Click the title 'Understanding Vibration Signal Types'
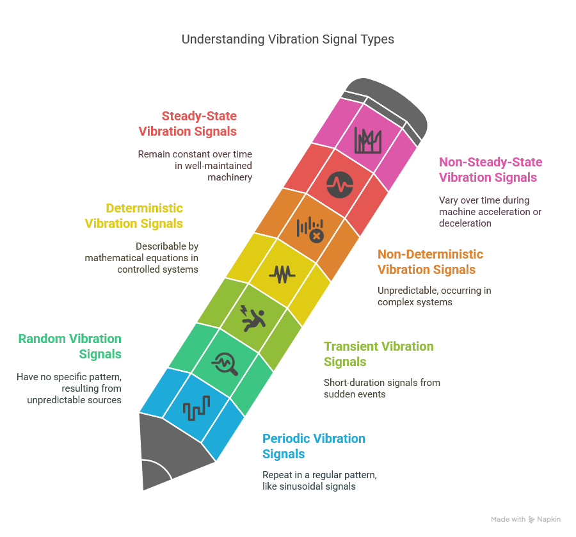coord(287,39)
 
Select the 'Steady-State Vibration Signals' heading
coord(188,124)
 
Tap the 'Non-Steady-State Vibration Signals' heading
coord(490,170)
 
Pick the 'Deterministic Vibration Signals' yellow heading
coord(134,216)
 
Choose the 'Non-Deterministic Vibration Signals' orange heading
coord(430,262)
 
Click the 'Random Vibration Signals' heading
coord(70,346)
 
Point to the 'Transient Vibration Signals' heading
coord(379,354)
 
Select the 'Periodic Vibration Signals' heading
coord(314,446)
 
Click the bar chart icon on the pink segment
coord(368,140)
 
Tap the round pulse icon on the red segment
coord(340,185)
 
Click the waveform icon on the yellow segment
coord(282,275)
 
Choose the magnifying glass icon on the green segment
coord(225,364)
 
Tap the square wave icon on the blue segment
coord(196,408)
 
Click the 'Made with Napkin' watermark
coord(525,519)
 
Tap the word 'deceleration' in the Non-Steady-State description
coord(465,223)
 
